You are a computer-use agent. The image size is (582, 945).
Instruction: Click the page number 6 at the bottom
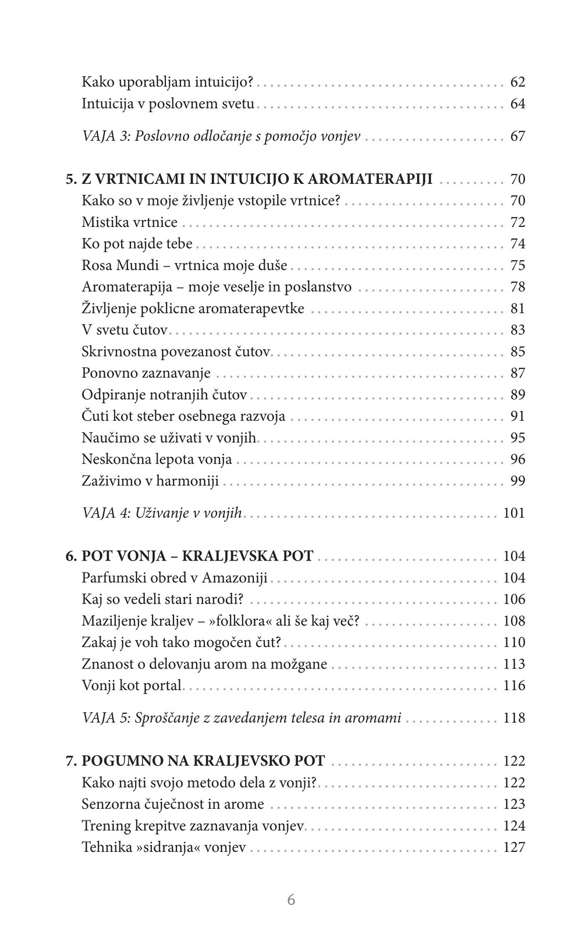coord(291,900)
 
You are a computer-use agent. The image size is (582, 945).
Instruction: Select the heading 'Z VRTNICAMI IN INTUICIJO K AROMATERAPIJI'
coord(257,179)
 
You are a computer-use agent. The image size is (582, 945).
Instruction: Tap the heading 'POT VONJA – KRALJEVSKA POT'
coord(197,556)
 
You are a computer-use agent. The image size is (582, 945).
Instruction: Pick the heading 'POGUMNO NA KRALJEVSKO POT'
coord(203,761)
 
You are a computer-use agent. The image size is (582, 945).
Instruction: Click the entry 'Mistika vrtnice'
coord(129,222)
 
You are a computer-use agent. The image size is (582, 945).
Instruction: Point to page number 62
coord(517,82)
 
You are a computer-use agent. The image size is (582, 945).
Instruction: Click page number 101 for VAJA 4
coord(514,513)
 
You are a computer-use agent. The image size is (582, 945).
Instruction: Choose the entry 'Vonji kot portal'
coord(132,685)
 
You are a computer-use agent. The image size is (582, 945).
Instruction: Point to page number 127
coord(514,847)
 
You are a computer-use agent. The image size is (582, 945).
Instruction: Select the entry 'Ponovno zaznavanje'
coord(146,373)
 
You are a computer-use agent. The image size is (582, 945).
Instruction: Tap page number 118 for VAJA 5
coord(514,718)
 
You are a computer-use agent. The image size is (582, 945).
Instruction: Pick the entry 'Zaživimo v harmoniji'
coord(150,481)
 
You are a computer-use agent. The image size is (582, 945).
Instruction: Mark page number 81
coord(517,308)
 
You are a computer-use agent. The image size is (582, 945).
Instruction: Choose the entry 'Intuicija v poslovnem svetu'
coord(168,104)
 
